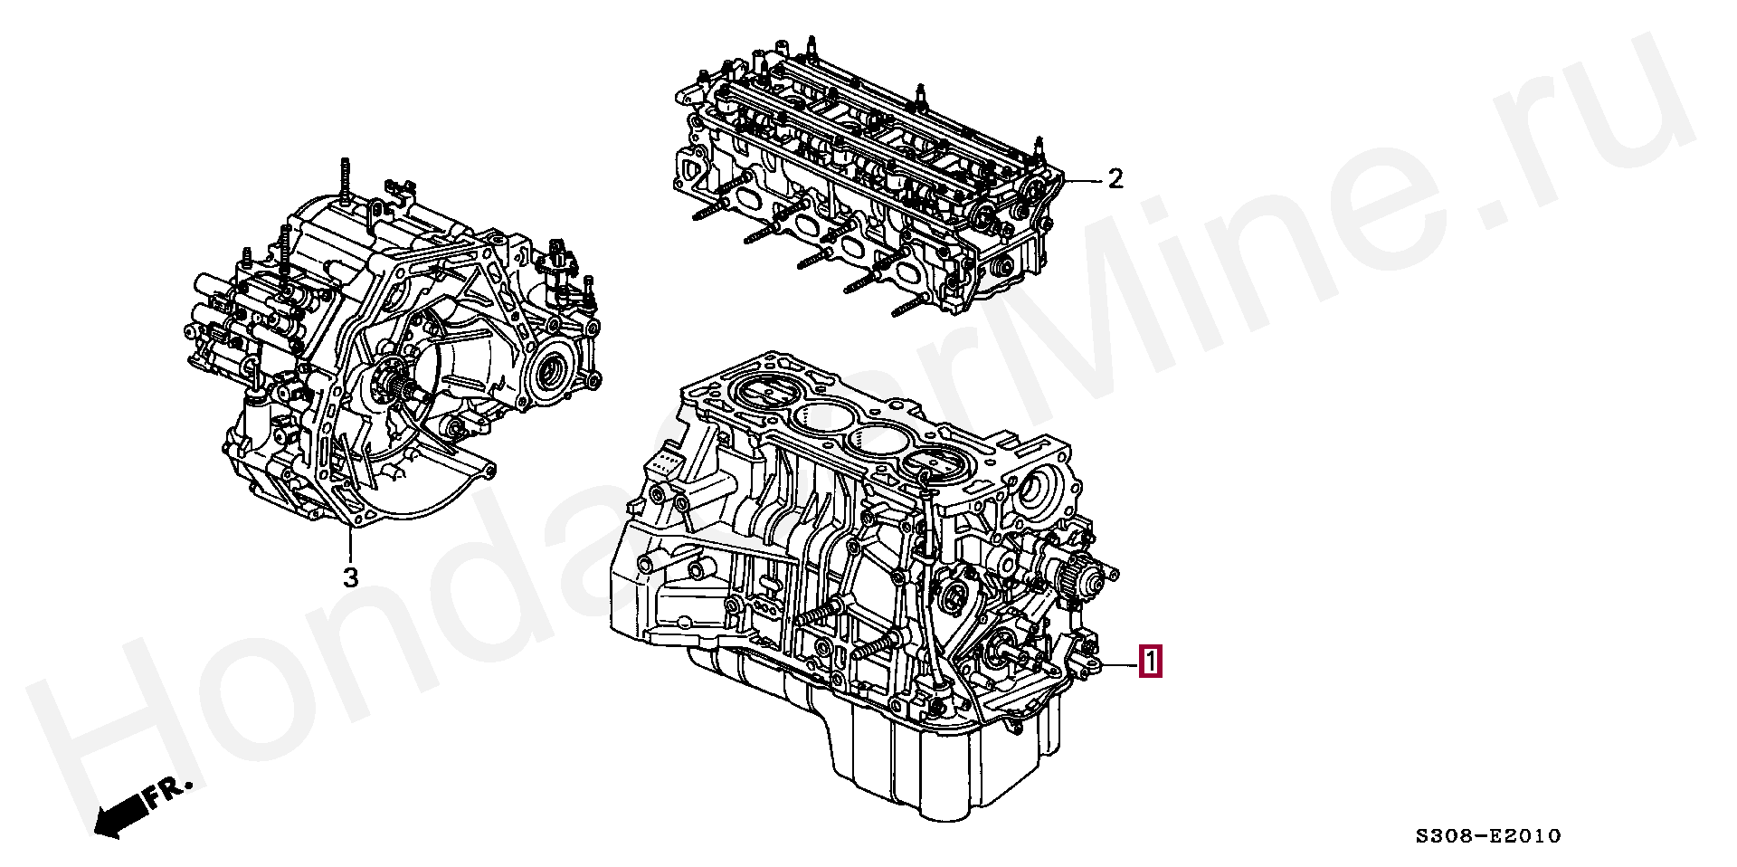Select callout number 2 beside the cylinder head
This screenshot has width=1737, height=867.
[x=1115, y=179]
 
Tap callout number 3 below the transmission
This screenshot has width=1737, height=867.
[x=350, y=577]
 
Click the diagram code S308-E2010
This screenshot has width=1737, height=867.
[x=1488, y=836]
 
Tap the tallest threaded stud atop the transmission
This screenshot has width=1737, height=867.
[x=346, y=182]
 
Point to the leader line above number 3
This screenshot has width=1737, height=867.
[x=350, y=543]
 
